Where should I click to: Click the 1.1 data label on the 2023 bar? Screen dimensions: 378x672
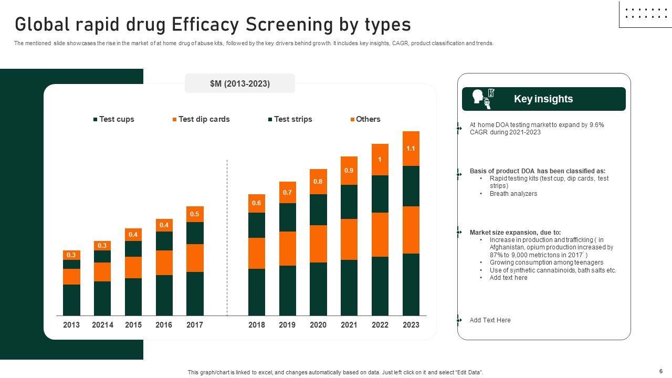(411, 149)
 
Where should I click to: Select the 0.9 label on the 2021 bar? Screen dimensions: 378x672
(349, 171)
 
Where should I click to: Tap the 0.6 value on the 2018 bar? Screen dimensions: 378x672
(256, 203)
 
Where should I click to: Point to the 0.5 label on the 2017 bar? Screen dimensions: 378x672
(194, 214)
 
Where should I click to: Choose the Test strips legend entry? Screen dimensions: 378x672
(290, 119)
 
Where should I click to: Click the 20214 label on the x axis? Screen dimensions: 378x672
(102, 325)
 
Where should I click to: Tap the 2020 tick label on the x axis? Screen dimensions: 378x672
(318, 325)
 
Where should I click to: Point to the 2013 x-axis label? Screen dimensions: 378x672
(71, 325)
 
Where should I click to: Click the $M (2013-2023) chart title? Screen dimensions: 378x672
(240, 83)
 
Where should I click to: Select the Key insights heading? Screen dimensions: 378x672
(543, 99)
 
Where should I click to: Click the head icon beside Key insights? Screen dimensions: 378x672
(479, 97)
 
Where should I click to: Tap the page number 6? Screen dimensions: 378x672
(661, 371)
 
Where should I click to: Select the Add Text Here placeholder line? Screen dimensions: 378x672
(490, 320)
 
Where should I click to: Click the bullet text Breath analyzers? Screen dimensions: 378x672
(513, 194)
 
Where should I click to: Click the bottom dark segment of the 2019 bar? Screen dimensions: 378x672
(287, 290)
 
